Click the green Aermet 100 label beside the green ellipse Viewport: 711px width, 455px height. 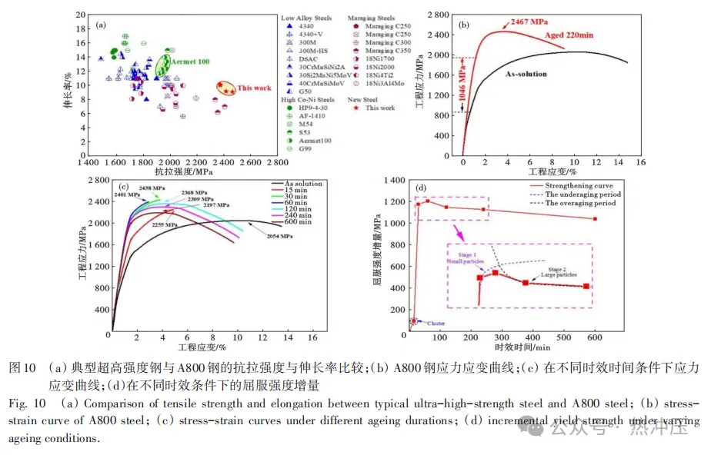click(189, 61)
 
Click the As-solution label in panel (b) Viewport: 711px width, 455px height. click(526, 75)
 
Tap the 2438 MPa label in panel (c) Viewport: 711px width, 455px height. click(151, 188)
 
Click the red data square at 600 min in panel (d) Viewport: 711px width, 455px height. click(594, 219)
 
